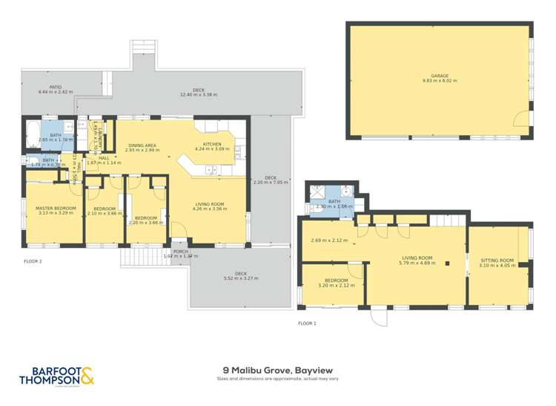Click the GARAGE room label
(x=440, y=76)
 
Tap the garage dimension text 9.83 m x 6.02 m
(x=440, y=81)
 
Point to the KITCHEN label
(x=214, y=144)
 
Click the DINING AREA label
(x=142, y=145)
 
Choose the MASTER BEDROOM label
(x=53, y=208)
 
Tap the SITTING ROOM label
(x=497, y=261)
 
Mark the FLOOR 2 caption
(x=33, y=261)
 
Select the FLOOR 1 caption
(x=307, y=323)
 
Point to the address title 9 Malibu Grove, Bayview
(x=277, y=369)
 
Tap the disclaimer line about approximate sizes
(x=277, y=379)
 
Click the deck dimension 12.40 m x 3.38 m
(x=197, y=95)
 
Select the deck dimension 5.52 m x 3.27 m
(x=241, y=278)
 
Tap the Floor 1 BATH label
(x=334, y=201)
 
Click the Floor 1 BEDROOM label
(x=332, y=281)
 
